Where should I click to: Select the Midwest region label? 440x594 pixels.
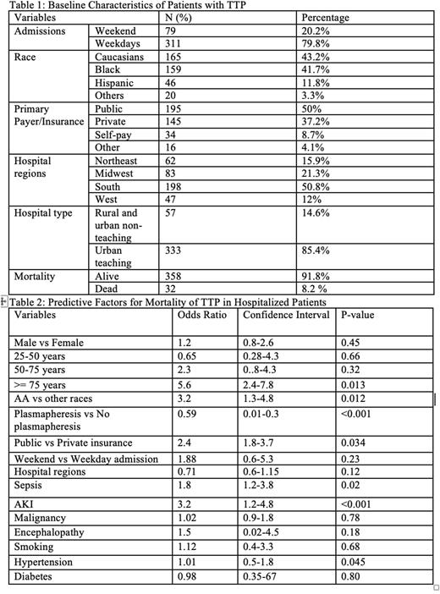click(x=117, y=173)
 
